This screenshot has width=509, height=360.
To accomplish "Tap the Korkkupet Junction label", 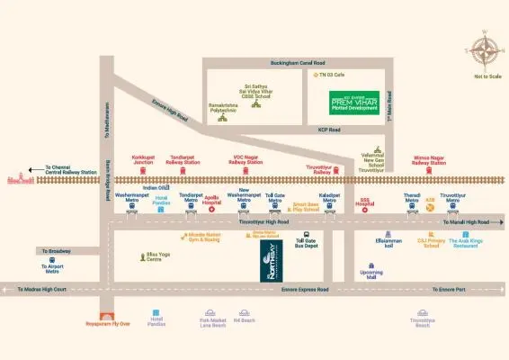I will coord(145,160).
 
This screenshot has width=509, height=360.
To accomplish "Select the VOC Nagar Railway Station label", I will coord(246,160).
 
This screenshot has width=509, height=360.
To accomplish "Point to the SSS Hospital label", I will coord(365,203).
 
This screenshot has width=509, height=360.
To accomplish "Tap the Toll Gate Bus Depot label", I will coord(305,243).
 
